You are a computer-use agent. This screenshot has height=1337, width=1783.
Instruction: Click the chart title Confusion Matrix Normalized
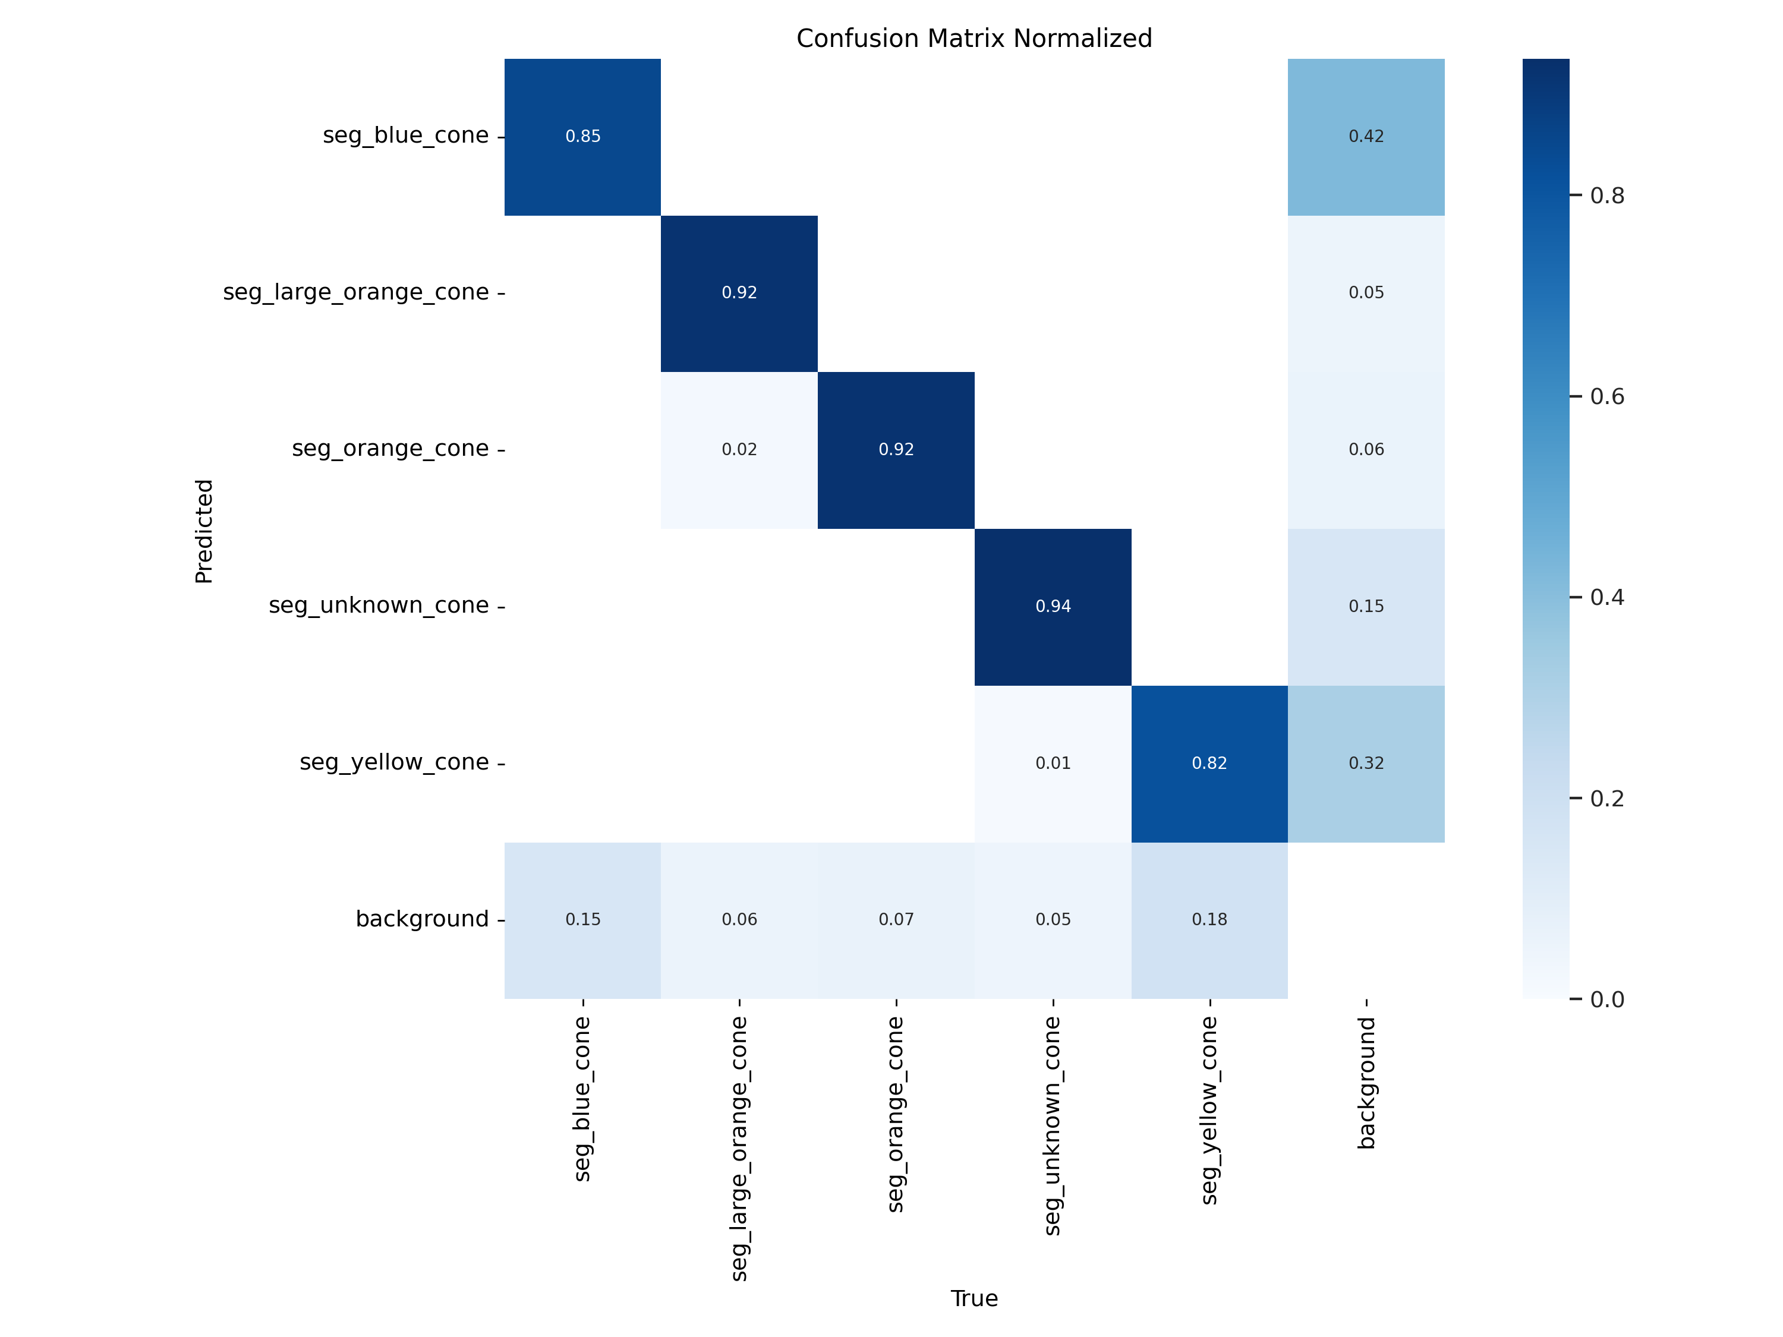(974, 39)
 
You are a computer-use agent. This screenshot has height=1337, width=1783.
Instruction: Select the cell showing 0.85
(583, 136)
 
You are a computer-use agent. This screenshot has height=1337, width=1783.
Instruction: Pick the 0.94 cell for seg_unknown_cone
(1053, 606)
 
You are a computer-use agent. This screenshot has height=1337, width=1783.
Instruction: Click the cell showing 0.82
(1209, 763)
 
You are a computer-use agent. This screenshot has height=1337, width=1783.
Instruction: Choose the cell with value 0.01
(1053, 763)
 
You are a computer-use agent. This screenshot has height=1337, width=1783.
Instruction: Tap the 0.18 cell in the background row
(1209, 919)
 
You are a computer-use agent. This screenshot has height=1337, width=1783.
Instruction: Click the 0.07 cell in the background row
(896, 919)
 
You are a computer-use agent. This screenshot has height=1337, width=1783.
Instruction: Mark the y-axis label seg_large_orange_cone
(355, 292)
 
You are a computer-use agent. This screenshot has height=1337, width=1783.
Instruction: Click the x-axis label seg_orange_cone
(896, 1114)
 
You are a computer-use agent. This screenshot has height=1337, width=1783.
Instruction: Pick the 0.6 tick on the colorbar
(1606, 396)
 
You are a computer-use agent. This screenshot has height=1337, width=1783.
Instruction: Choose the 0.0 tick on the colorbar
(1606, 1000)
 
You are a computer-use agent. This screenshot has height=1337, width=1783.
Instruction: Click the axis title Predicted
(204, 531)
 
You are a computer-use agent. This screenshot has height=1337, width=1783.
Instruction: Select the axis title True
(974, 1298)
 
